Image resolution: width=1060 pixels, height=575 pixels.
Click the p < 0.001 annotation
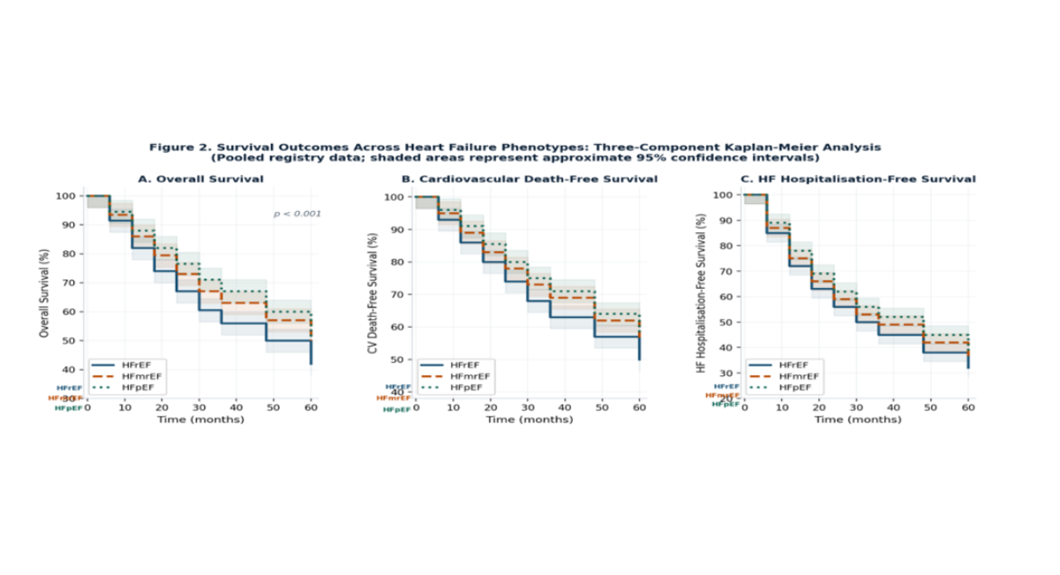click(x=297, y=214)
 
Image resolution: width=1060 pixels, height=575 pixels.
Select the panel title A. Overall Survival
click(x=200, y=179)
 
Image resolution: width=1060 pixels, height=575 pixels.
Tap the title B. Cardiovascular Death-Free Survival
click(x=530, y=179)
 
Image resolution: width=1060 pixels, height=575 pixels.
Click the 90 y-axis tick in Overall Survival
click(x=73, y=224)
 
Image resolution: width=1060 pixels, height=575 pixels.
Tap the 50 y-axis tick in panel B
click(x=401, y=359)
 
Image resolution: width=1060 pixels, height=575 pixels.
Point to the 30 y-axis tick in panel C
click(x=728, y=373)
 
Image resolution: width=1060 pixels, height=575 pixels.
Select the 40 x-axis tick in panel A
click(x=237, y=407)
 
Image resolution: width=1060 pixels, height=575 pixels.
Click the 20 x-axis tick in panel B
click(x=490, y=407)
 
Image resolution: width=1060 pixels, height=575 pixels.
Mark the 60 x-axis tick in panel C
click(x=968, y=407)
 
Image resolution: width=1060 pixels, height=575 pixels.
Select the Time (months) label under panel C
click(x=857, y=420)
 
